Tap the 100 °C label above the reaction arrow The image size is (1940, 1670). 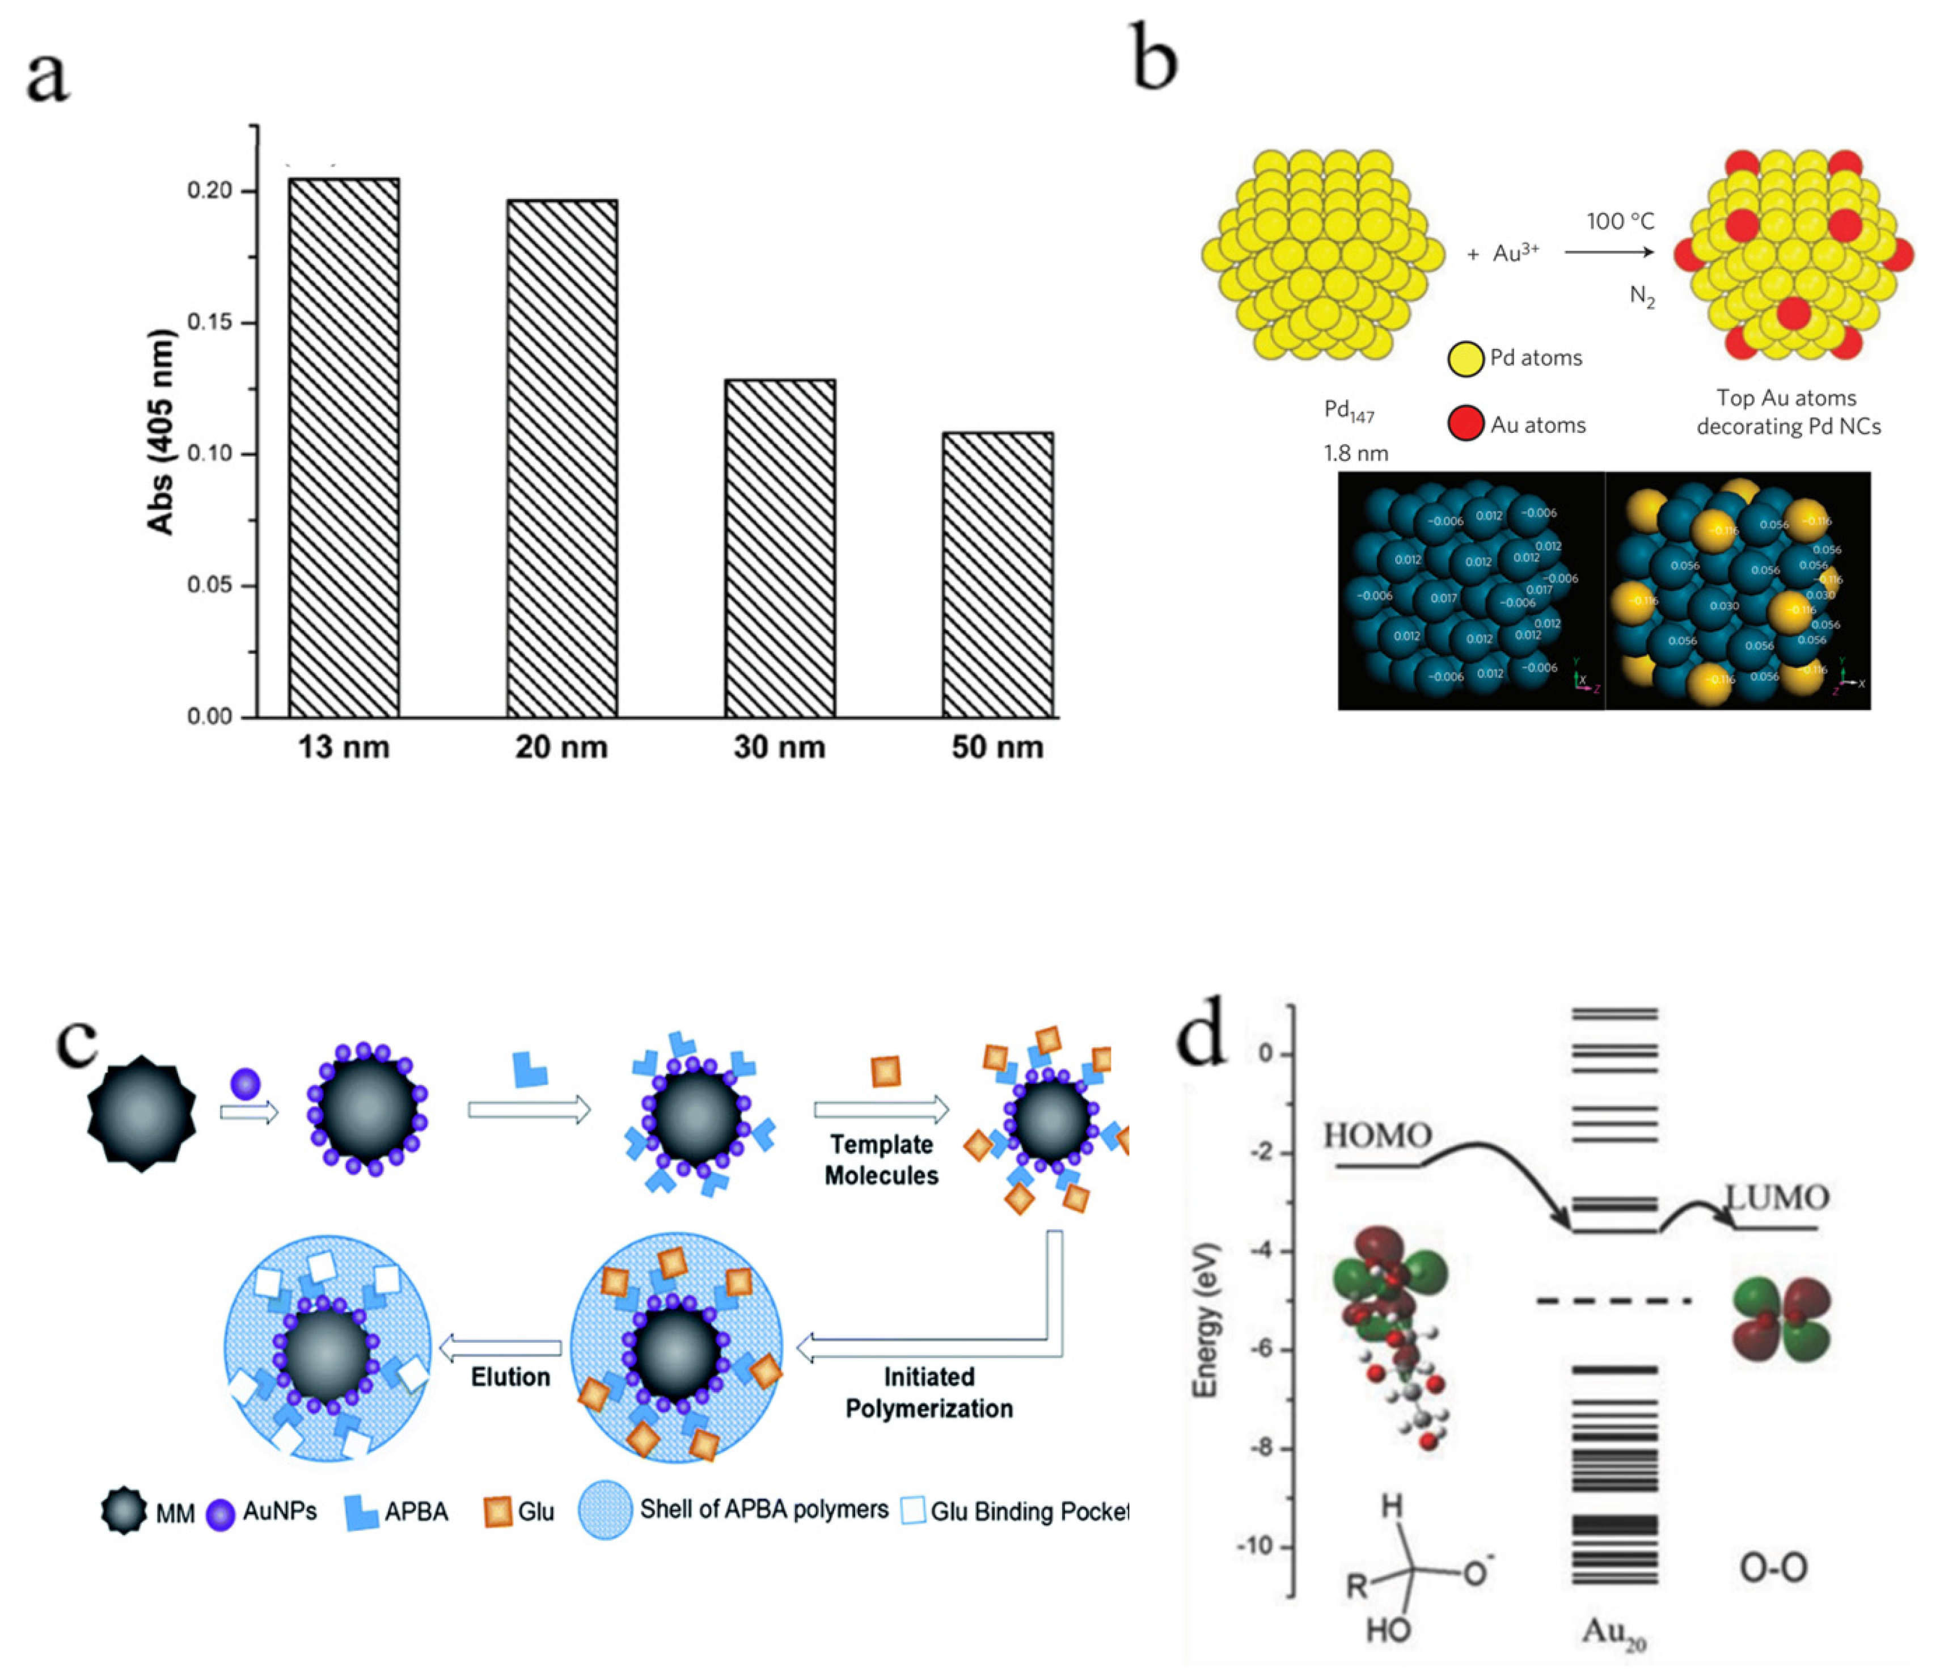[1620, 221]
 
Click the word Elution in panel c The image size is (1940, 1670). [510, 1376]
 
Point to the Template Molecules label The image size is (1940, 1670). [881, 1159]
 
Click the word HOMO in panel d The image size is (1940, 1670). [1377, 1136]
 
